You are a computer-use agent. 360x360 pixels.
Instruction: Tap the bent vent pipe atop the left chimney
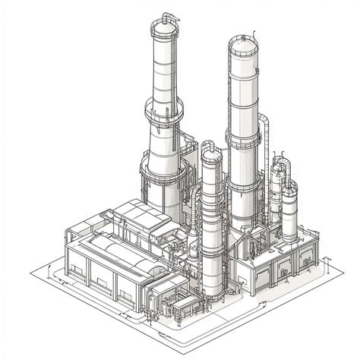click(169, 16)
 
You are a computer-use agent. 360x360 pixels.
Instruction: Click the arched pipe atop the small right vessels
click(282, 163)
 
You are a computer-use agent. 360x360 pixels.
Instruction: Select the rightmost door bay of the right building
click(307, 257)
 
